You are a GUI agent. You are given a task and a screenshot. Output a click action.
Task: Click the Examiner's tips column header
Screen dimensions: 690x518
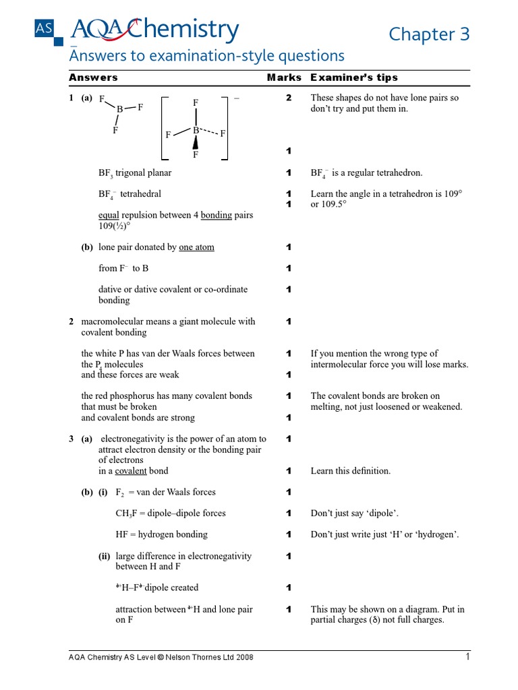coord(354,78)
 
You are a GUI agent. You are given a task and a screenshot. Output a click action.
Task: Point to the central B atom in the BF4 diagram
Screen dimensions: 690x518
coord(196,130)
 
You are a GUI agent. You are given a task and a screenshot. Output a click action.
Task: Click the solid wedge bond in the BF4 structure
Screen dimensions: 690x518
coord(196,142)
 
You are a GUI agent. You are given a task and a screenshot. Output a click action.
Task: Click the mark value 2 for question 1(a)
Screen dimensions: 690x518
coord(289,98)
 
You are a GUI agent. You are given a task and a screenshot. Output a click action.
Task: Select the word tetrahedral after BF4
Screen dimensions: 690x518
coord(140,194)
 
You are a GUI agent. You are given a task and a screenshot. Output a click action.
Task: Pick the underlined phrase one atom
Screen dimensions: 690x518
coord(196,247)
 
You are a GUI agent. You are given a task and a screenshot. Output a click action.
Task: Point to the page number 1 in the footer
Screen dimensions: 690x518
coord(467,657)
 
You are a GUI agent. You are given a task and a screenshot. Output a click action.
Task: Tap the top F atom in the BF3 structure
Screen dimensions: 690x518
coord(102,99)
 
